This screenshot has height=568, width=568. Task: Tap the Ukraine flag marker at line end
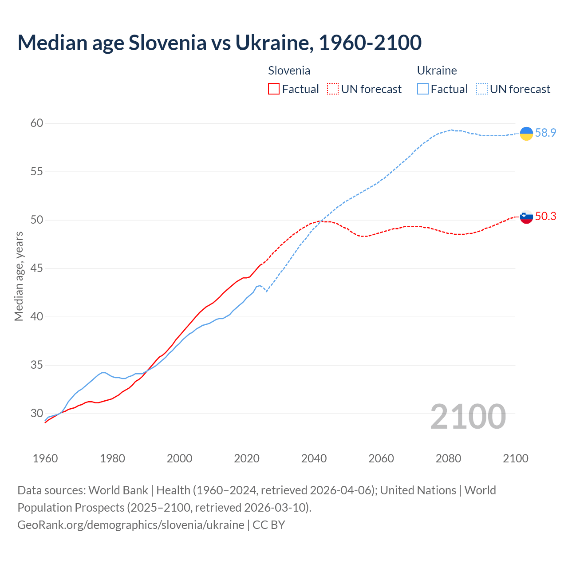pyautogui.click(x=526, y=133)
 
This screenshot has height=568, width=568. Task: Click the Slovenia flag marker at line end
pyautogui.click(x=526, y=217)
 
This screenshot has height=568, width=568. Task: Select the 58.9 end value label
pyautogui.click(x=545, y=133)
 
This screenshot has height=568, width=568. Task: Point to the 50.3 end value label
pyautogui.click(x=545, y=216)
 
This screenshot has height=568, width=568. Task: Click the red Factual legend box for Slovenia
pyautogui.click(x=274, y=89)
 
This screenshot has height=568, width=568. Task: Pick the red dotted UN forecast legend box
pyautogui.click(x=333, y=89)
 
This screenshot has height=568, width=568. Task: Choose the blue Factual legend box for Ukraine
pyautogui.click(x=423, y=89)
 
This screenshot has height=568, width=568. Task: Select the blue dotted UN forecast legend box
pyautogui.click(x=482, y=89)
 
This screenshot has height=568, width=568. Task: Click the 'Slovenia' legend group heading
pyautogui.click(x=289, y=71)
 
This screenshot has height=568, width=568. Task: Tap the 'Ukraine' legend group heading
pyautogui.click(x=437, y=71)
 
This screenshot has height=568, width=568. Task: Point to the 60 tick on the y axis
pyautogui.click(x=36, y=123)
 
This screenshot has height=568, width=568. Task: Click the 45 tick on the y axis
pyautogui.click(x=36, y=268)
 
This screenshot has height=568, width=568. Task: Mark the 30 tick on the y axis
pyautogui.click(x=36, y=413)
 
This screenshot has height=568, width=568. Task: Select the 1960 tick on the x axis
pyautogui.click(x=45, y=458)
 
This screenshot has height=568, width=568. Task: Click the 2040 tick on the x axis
pyautogui.click(x=314, y=458)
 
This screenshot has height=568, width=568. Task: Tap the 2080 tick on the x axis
pyautogui.click(x=448, y=458)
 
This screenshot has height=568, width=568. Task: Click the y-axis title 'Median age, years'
pyautogui.click(x=19, y=276)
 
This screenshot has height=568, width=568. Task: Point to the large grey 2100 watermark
pyautogui.click(x=468, y=416)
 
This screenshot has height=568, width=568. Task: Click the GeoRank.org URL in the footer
pyautogui.click(x=130, y=525)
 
